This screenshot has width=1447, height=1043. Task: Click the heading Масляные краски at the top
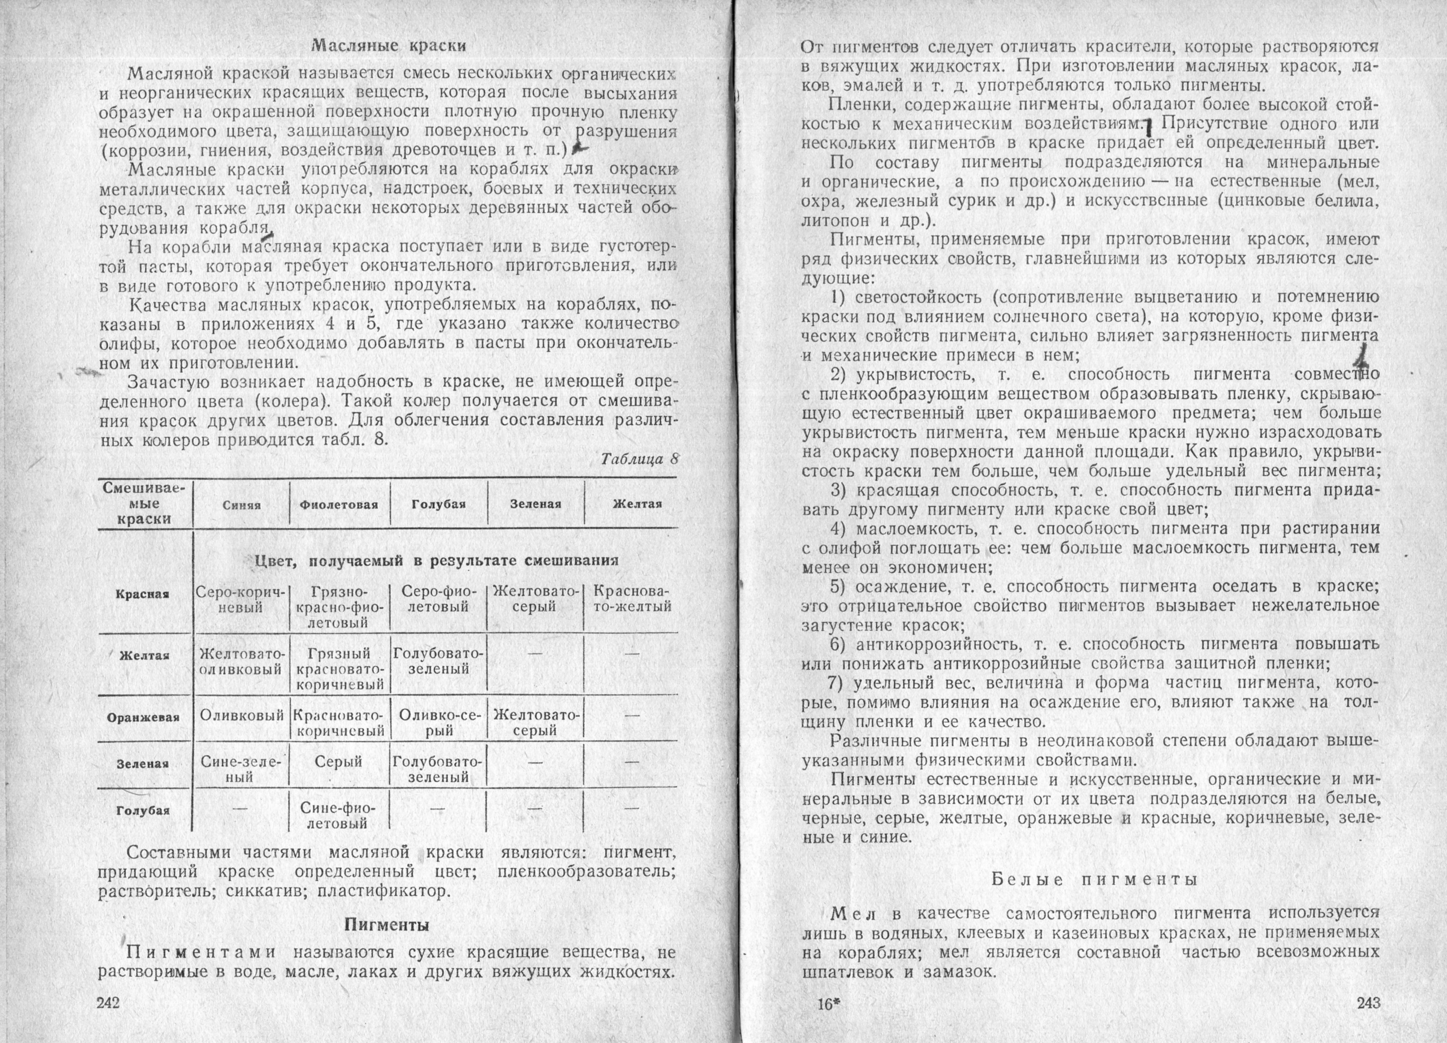tap(389, 46)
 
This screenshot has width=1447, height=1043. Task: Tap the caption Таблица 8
tap(639, 459)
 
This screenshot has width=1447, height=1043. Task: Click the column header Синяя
tap(242, 505)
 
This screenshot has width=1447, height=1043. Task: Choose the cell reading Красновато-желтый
tap(631, 600)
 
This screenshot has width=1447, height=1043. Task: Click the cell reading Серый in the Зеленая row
tap(338, 762)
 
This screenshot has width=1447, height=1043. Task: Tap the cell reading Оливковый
tap(242, 716)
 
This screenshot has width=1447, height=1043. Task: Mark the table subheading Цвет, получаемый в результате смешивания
tap(436, 561)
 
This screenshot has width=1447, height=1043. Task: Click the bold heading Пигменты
tap(387, 924)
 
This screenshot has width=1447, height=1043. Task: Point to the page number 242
tap(109, 1002)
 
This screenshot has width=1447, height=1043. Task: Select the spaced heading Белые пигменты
tap(1094, 879)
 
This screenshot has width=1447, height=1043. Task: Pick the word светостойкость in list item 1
tap(918, 298)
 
